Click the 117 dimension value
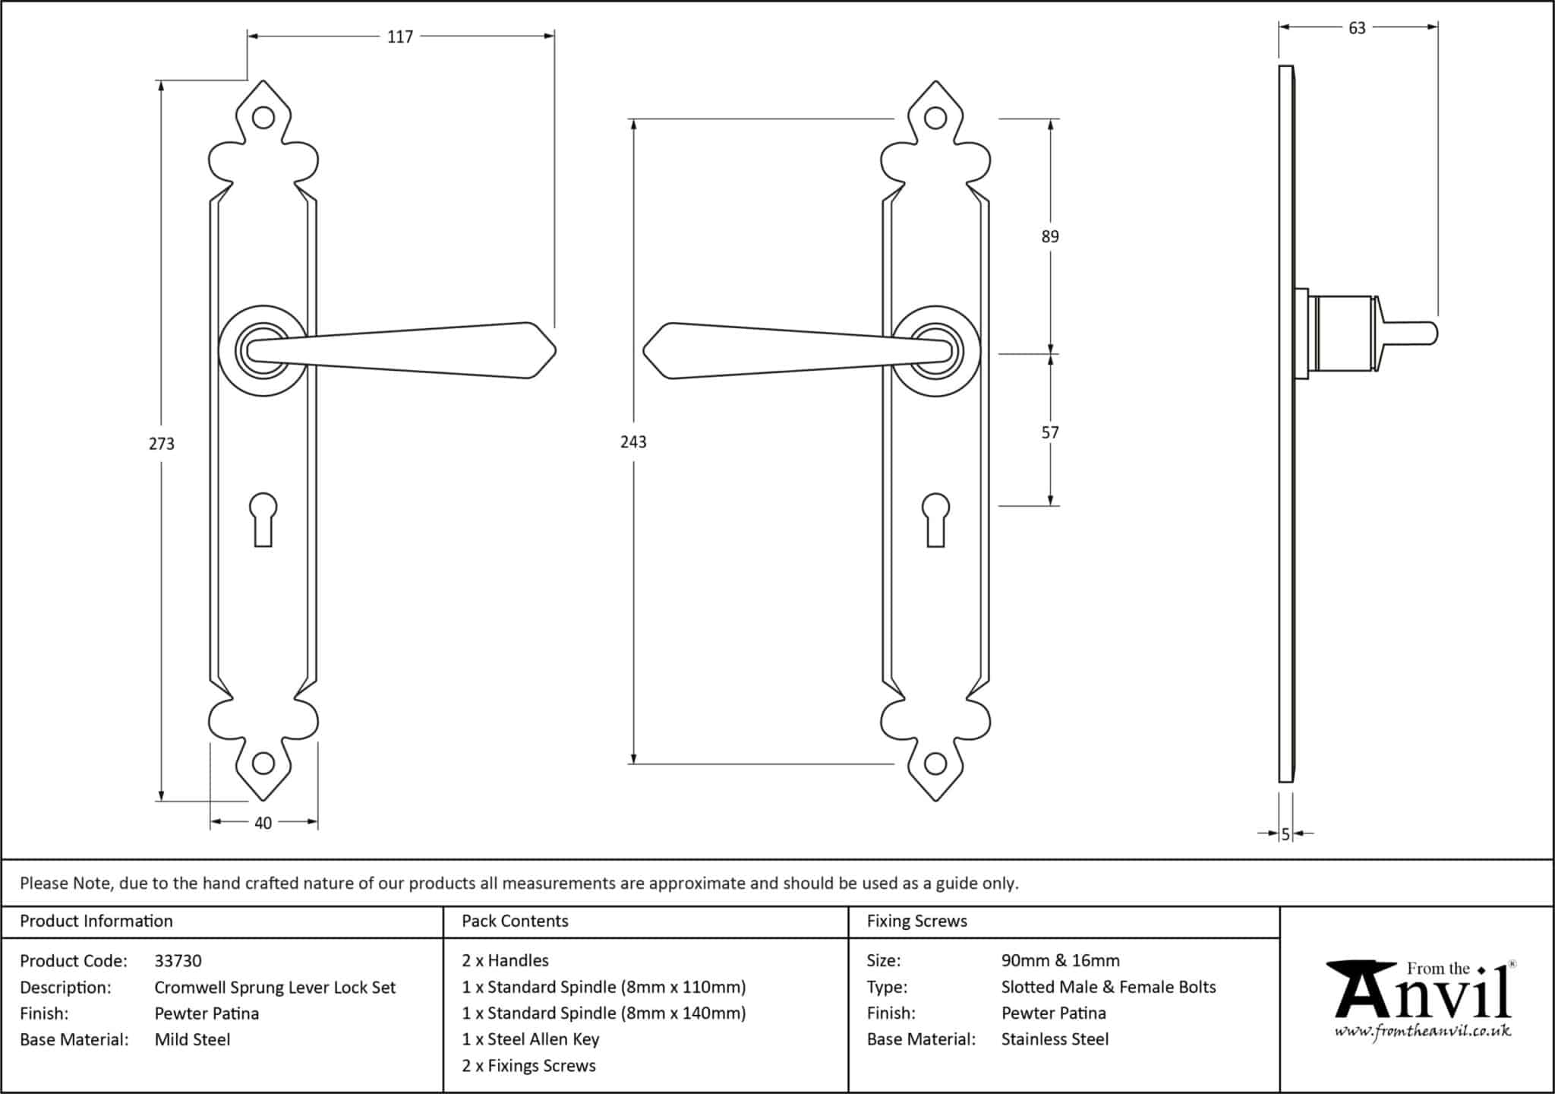400,36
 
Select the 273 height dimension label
162,444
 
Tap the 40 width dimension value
263,823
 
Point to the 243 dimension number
633,442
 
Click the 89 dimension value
1050,237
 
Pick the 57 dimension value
1050,433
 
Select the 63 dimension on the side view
1357,28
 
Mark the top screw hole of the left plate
263,118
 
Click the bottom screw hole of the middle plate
935,763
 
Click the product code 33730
178,961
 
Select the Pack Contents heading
515,922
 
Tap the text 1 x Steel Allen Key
530,1039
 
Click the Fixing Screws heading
916,922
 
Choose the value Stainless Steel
1055,1039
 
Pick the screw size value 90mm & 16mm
1060,961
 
